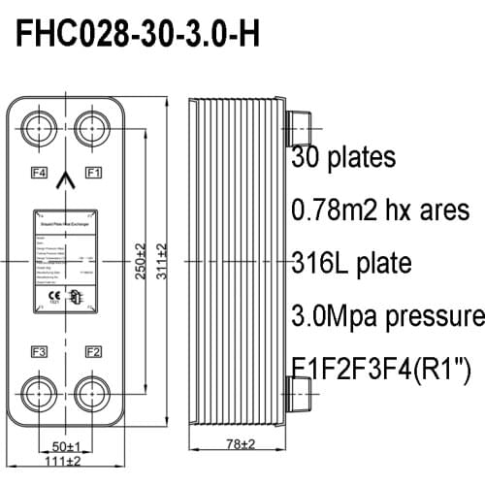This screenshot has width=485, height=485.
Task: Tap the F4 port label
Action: pyautogui.click(x=39, y=172)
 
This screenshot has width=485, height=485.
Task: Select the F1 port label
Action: pyautogui.click(x=93, y=172)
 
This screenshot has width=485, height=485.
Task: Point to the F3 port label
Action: pyautogui.click(x=39, y=350)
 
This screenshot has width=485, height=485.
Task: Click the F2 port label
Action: pyautogui.click(x=93, y=350)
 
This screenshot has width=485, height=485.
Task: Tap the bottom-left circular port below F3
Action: pyautogui.click(x=40, y=396)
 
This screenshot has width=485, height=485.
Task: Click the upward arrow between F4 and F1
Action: pyautogui.click(x=66, y=178)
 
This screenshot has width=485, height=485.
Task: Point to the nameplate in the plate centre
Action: pyautogui.click(x=66, y=262)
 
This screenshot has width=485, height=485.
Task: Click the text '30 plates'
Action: pyautogui.click(x=342, y=156)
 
